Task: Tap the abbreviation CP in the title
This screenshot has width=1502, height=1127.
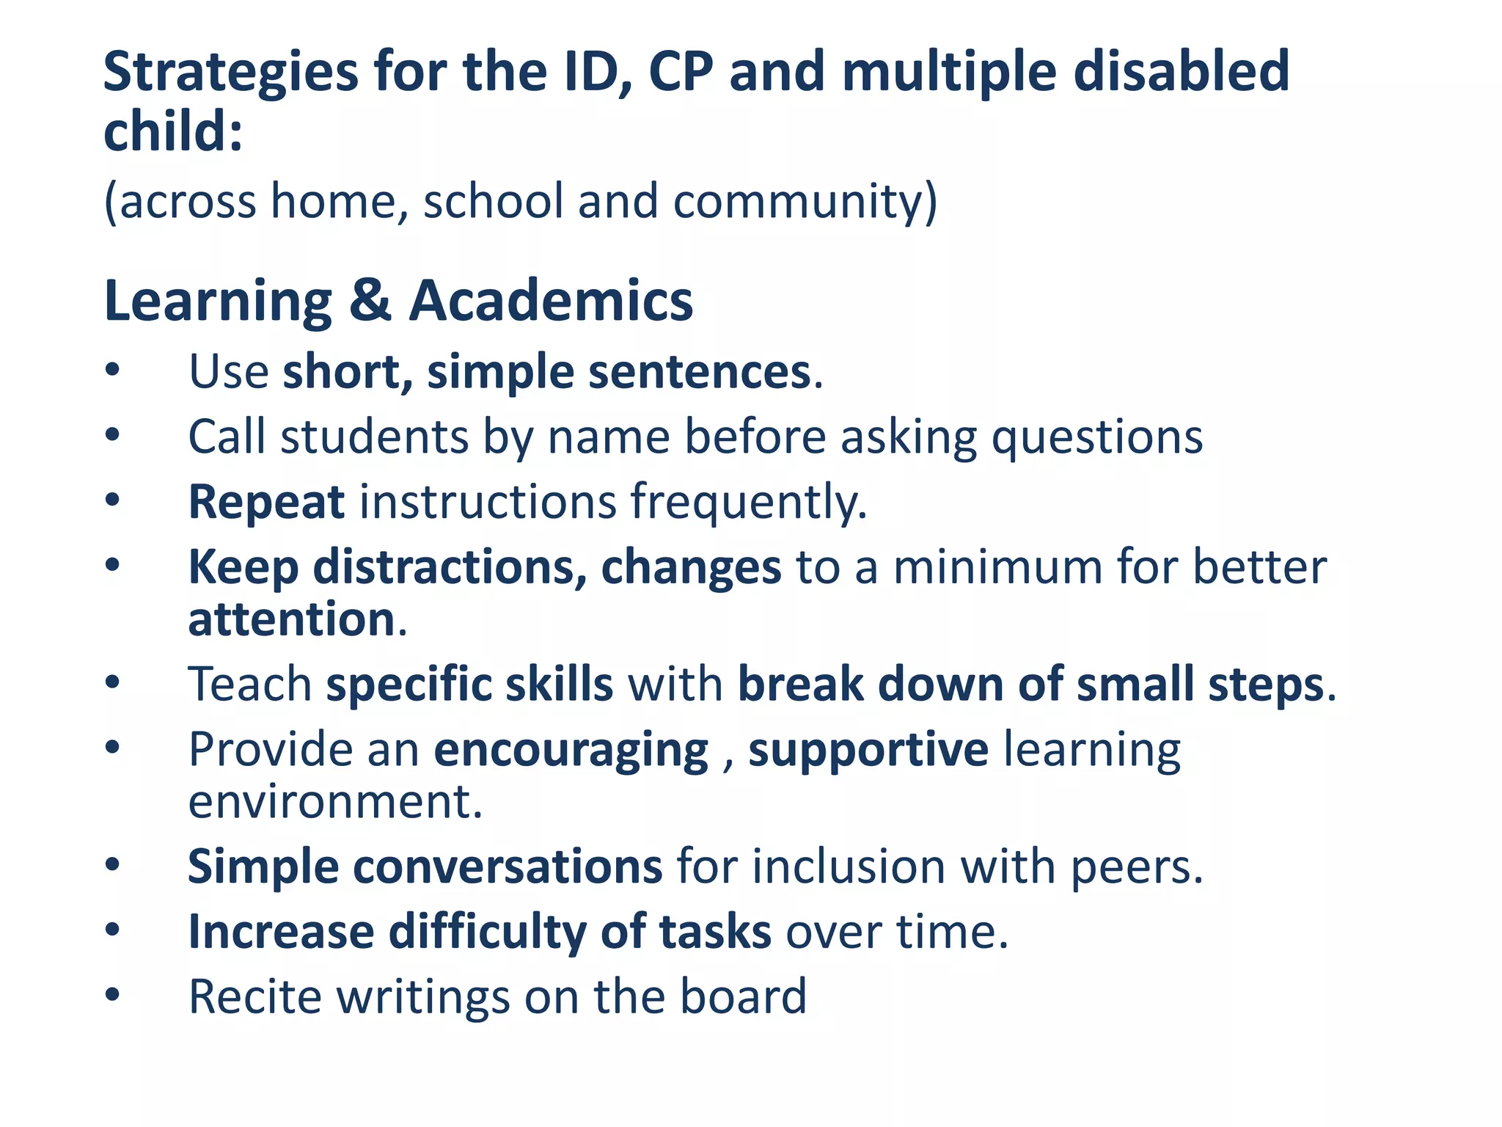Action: tap(680, 72)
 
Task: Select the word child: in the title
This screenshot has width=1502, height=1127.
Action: tap(173, 132)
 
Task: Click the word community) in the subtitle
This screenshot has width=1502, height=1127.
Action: tap(805, 202)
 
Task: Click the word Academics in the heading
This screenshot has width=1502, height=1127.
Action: tap(550, 301)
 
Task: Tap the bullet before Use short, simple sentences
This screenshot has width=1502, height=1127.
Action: tap(111, 371)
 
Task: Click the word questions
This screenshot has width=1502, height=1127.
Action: tap(1097, 437)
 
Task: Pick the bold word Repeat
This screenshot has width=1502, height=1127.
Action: tap(266, 503)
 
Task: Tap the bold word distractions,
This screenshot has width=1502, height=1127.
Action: tap(450, 567)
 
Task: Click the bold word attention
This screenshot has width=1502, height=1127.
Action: tap(292, 619)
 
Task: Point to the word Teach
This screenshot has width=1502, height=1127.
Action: tap(250, 685)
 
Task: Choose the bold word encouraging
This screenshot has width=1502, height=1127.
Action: tap(571, 750)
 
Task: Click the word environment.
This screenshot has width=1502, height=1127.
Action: tap(334, 801)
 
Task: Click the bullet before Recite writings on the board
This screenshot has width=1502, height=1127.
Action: tap(111, 996)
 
